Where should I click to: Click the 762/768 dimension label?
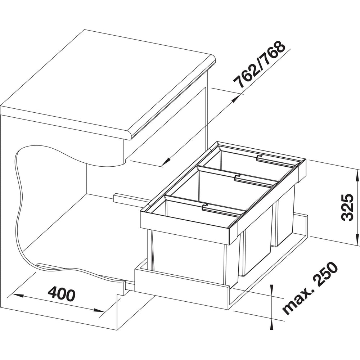(259, 65)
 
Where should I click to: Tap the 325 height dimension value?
(347, 207)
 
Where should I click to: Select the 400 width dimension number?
(61, 293)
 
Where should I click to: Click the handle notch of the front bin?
(204, 207)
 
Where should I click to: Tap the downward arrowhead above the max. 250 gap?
(272, 290)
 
